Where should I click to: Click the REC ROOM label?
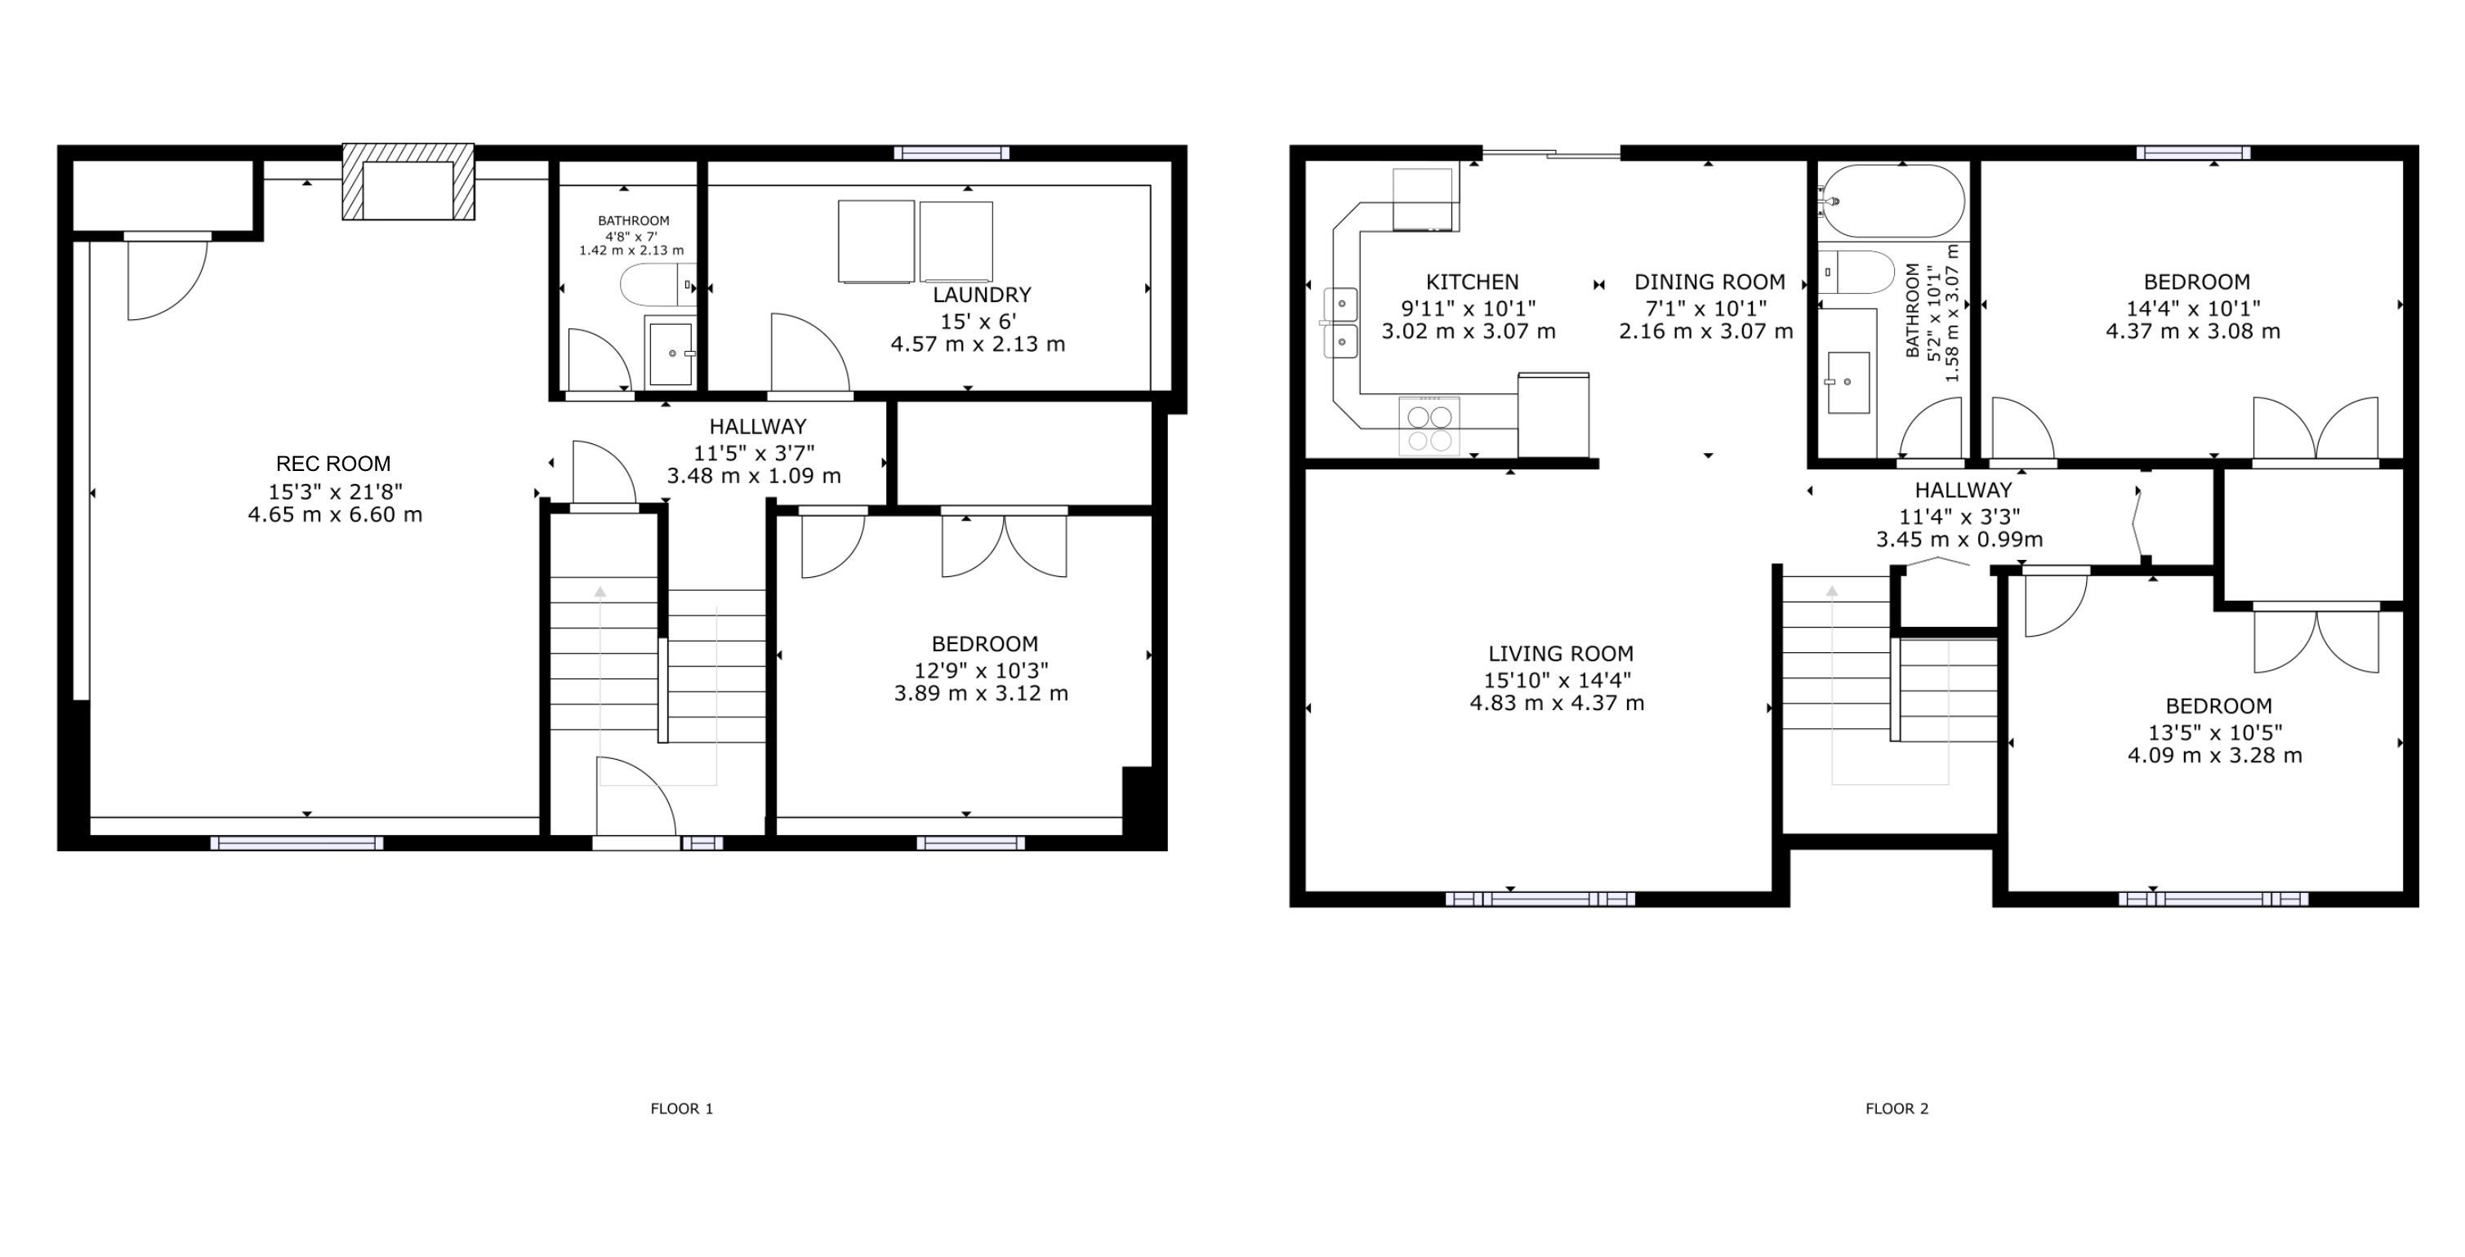coord(333,464)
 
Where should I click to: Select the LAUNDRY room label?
coord(982,295)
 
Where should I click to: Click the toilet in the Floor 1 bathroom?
coord(658,284)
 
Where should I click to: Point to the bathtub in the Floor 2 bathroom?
coord(1891,201)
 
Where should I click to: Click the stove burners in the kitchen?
coord(1429,427)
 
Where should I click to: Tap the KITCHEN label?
coord(1472,282)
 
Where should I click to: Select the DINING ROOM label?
coord(1709,282)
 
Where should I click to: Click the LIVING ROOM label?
coord(1561,653)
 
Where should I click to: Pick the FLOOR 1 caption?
coord(682,1108)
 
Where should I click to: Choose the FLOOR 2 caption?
coord(1897,1108)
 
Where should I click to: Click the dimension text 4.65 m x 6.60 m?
coord(335,515)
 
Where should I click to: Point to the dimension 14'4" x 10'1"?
coord(2193,308)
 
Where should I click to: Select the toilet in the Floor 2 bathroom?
coord(1857,273)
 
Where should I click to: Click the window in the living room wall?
coord(1540,899)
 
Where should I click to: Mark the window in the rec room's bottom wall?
coord(296,843)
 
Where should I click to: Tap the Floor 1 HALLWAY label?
coord(758,427)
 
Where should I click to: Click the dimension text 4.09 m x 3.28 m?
coord(2214,756)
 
